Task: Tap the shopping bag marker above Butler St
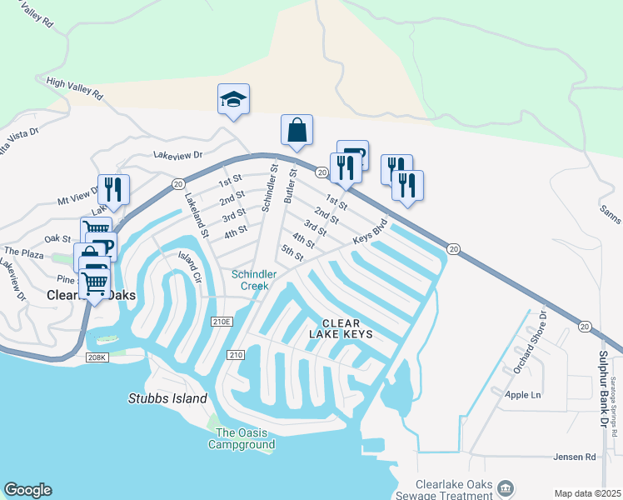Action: [x=297, y=130]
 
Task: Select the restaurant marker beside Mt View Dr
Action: [x=113, y=189]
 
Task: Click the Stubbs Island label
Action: [x=167, y=399]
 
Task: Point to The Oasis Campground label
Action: [x=245, y=438]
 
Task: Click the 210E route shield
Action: [x=222, y=321]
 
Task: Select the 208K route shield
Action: [x=97, y=357]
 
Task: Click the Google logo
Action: [x=27, y=490]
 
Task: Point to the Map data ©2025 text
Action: [x=586, y=493]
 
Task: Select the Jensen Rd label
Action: [x=575, y=457]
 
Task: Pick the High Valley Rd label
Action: [x=75, y=89]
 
